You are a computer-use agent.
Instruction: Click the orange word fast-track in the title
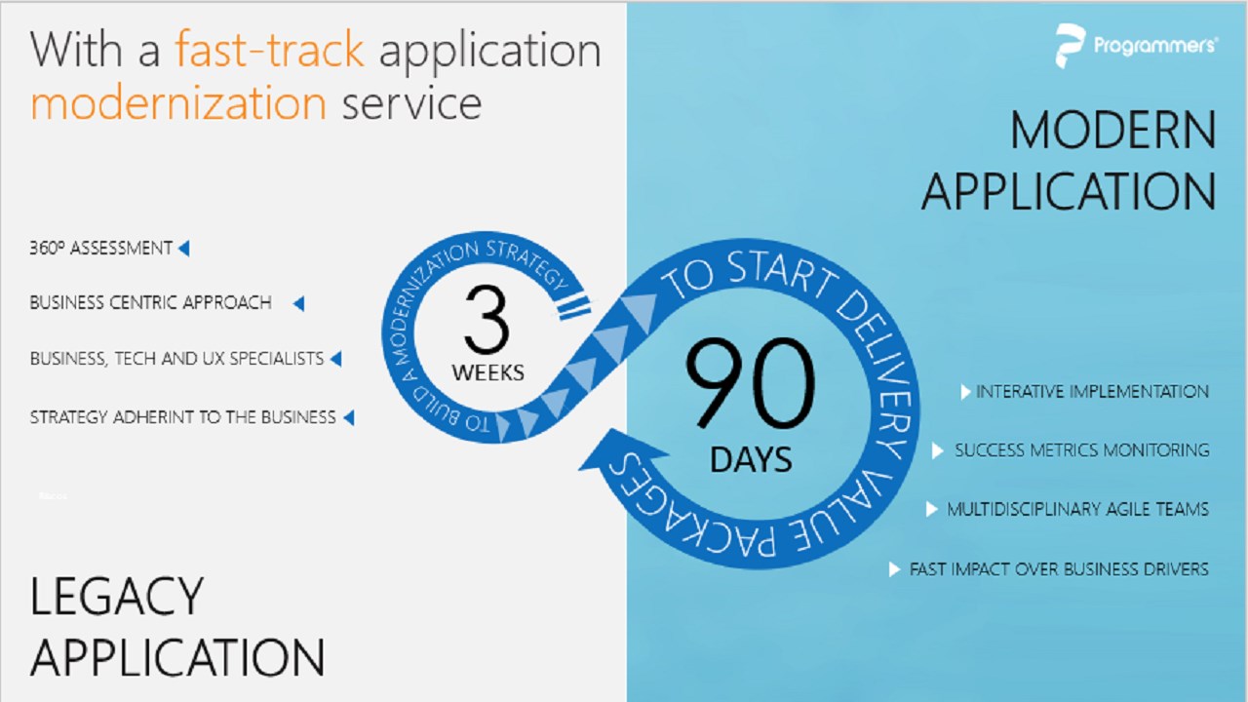coord(270,49)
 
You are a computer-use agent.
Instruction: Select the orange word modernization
coord(178,102)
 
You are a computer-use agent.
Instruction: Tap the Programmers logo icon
coord(1070,46)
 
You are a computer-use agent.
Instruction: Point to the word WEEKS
coord(487,372)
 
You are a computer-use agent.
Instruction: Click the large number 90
coord(751,383)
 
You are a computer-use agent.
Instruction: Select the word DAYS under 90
coord(751,459)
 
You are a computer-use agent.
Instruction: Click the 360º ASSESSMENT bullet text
coord(100,248)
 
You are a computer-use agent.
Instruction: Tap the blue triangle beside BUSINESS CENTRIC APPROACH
coord(298,303)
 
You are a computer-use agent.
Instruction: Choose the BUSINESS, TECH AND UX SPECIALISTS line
coord(176,358)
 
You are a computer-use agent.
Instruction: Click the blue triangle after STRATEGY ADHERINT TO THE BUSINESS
coord(349,417)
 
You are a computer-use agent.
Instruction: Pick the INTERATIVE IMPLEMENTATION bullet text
coord(1092,392)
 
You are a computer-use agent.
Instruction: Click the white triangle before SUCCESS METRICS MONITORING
coord(938,450)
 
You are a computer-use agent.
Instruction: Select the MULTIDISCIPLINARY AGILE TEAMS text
coord(1077,509)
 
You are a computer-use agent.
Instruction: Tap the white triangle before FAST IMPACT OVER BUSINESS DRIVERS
coord(894,569)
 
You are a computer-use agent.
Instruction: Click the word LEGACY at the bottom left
coord(116,596)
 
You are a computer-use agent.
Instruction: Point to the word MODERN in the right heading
coord(1112,130)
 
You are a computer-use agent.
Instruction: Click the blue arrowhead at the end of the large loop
coord(618,451)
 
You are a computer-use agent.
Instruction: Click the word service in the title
coord(411,103)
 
